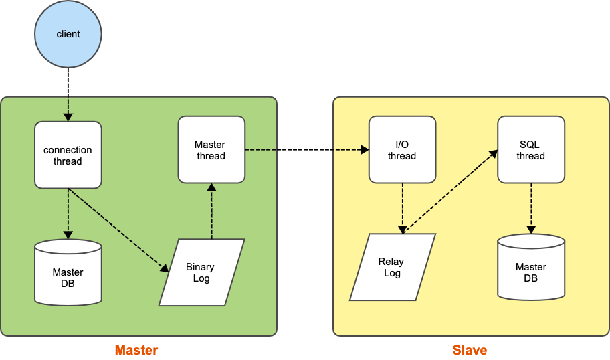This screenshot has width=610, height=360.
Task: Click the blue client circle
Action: click(x=68, y=34)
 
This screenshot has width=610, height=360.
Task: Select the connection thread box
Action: click(x=68, y=155)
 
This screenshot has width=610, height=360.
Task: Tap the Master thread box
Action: click(x=211, y=150)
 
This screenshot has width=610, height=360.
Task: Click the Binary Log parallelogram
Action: click(x=201, y=272)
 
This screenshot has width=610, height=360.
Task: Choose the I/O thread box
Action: click(x=402, y=150)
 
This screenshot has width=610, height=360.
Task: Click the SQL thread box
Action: click(x=531, y=150)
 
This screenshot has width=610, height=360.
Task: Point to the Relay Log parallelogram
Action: click(x=393, y=267)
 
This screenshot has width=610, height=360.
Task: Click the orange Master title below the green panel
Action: click(x=136, y=350)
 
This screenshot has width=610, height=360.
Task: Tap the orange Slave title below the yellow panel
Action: click(x=470, y=350)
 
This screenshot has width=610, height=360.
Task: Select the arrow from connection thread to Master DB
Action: click(x=68, y=213)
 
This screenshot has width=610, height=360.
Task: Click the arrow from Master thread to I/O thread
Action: click(x=306, y=150)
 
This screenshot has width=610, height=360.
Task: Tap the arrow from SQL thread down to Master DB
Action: click(x=531, y=208)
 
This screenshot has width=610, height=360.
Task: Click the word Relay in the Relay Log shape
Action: click(x=392, y=262)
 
